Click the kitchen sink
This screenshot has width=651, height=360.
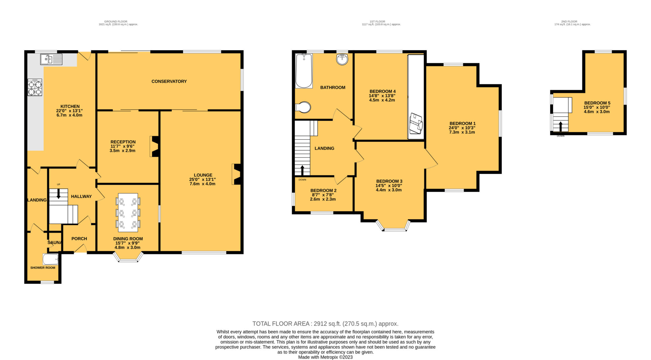click(x=51, y=59)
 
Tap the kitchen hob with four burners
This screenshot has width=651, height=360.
click(x=35, y=87)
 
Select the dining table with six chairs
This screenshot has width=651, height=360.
click(x=128, y=213)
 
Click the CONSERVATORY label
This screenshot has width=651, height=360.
click(x=169, y=81)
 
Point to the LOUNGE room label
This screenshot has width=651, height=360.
click(x=203, y=175)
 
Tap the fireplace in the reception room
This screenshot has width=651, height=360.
click(x=154, y=146)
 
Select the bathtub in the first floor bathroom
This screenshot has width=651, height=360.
click(x=304, y=71)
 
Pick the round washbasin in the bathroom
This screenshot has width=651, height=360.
click(x=342, y=59)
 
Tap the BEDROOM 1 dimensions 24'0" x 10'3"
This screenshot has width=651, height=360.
click(x=462, y=128)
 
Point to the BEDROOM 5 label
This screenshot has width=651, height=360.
click(x=597, y=103)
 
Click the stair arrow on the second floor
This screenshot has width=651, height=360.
click(x=561, y=126)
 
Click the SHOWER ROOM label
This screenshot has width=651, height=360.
click(x=43, y=268)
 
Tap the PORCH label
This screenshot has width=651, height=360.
click(x=79, y=239)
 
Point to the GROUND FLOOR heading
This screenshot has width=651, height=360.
click(x=116, y=22)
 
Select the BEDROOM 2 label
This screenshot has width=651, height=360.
click(x=324, y=191)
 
